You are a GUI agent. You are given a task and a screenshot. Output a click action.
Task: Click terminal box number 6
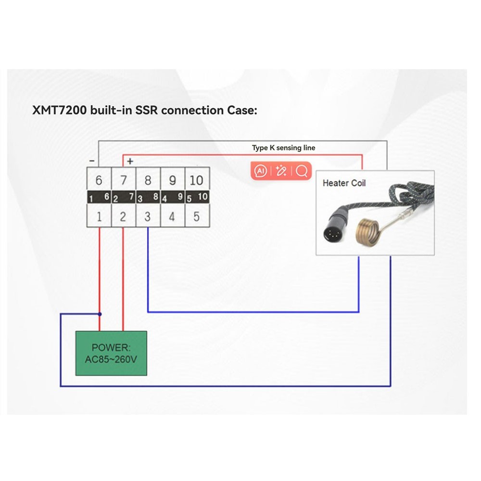[99, 180]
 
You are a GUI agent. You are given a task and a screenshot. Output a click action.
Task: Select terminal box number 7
[124, 180]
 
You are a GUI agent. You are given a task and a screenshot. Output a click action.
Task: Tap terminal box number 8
[148, 180]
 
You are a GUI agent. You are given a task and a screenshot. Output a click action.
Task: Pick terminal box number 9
[172, 180]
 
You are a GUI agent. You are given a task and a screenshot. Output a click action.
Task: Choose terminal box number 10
[197, 180]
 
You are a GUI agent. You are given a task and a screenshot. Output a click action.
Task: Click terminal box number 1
[99, 216]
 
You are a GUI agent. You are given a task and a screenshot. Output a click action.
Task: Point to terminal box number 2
[123, 216]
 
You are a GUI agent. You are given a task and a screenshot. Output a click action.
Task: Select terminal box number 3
[148, 216]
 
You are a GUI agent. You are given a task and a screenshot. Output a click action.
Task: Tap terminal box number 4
[172, 216]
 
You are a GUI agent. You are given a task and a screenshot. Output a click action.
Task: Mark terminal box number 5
[197, 216]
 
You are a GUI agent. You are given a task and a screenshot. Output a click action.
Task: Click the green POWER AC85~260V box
[111, 354]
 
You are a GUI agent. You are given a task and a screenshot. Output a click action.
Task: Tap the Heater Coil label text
[344, 183]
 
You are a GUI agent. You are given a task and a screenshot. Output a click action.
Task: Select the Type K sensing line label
[284, 148]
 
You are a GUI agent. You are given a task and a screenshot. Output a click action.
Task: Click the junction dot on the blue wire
[100, 314]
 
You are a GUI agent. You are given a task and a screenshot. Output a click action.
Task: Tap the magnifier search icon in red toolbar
[302, 171]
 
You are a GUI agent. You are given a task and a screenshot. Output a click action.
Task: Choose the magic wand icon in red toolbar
[281, 171]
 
